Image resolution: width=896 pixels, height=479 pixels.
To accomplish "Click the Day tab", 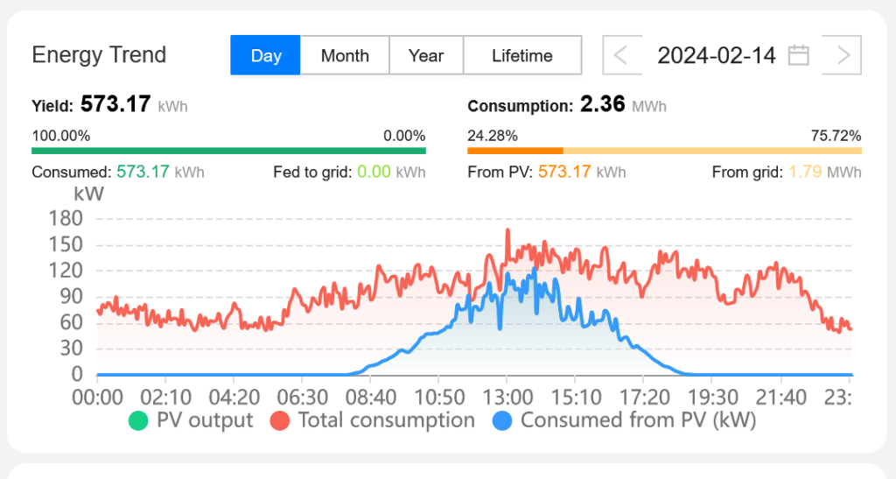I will (266, 55).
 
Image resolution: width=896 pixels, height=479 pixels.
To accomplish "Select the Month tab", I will (345, 55).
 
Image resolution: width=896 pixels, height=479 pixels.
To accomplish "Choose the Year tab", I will (426, 55).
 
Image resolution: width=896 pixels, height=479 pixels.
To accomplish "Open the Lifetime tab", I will (522, 55).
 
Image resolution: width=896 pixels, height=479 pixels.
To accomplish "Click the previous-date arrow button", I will (620, 55).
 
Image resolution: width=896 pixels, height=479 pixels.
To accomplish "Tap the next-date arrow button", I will (843, 55).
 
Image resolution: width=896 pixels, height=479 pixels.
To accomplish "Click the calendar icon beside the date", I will (798, 55).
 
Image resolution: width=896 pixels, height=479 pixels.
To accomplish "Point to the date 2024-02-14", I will (716, 55).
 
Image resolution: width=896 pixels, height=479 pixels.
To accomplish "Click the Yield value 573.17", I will (115, 105).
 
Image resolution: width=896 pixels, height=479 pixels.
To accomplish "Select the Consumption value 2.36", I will (602, 105).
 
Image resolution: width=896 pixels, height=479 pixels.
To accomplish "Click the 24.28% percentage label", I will (493, 136).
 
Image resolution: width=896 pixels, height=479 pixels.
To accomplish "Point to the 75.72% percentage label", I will (836, 136).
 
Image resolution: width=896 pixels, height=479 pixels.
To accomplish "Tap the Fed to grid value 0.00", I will (374, 172).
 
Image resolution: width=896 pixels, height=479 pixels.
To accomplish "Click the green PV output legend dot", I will (138, 420).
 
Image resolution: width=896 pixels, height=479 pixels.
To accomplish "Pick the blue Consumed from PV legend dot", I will (502, 420).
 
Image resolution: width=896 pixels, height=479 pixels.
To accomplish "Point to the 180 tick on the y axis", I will (66, 218).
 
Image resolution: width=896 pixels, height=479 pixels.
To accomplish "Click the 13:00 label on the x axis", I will (507, 398).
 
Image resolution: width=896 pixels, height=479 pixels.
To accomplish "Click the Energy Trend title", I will (99, 55).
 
